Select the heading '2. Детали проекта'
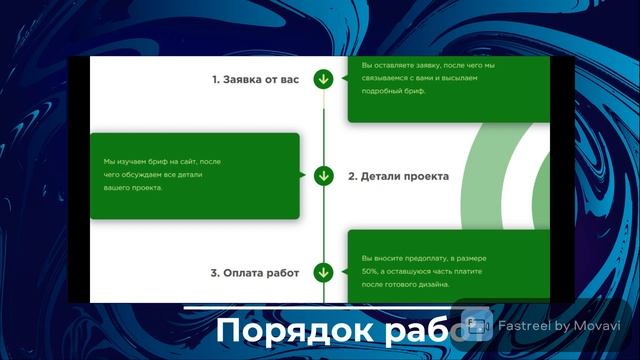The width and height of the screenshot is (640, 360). pos(398,176)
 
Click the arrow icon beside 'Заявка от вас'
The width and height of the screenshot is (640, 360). pos(323,79)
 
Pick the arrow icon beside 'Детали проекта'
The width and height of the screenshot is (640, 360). pos(323,176)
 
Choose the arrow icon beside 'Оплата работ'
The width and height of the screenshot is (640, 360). pos(323,272)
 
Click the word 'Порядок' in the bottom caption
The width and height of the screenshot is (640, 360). pos(275,332)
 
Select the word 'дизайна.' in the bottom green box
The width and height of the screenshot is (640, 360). pos(430,284)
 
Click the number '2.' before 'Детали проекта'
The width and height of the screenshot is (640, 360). pos(353,176)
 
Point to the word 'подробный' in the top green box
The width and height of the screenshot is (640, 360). pos(382,91)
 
